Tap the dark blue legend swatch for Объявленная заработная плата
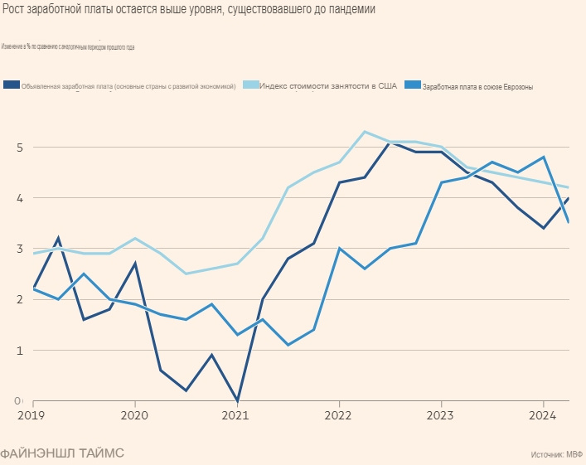point(12,85)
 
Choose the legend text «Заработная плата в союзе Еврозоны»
point(477,86)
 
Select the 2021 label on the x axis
point(236,414)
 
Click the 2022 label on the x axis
point(338,414)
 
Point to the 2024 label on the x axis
point(542,414)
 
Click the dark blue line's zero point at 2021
point(237,401)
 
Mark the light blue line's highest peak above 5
point(365,132)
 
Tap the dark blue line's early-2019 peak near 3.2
point(58,239)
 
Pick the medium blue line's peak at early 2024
point(543,157)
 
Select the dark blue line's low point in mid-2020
point(186,390)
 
